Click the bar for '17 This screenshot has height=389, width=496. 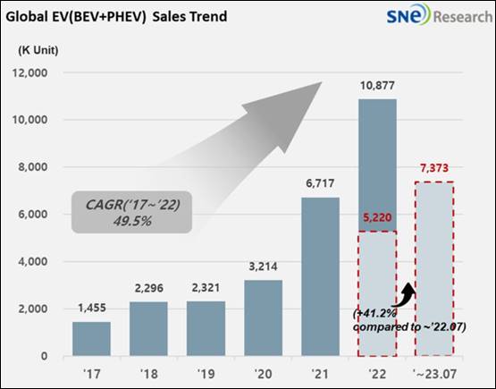pos(92,339)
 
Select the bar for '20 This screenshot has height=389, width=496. pos(263,317)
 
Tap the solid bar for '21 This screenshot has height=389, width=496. pos(321,276)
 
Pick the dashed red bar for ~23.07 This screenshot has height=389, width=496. pos(434,269)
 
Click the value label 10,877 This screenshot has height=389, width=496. pos(377,86)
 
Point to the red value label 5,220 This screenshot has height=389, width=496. pos(377,217)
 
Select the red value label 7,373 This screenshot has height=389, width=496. pos(434,168)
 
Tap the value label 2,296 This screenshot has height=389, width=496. pos(149,288)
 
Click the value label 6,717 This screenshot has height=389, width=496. pos(320,183)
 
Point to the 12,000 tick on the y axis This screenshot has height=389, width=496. pos(29,73)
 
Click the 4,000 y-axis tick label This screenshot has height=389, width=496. pos(32,262)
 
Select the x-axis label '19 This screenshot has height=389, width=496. pos(206,374)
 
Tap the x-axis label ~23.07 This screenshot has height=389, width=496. pos(435,374)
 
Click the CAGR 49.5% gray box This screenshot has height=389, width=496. pos(132,212)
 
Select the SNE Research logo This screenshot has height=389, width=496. pos(440,14)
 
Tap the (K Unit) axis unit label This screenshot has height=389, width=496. pos(38,50)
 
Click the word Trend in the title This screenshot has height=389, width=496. pos(211,16)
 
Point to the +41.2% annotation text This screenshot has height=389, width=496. pos(374,314)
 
